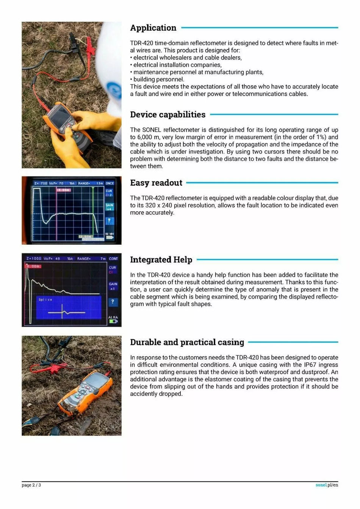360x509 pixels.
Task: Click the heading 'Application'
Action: (153, 28)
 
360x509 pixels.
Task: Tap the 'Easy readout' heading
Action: (156, 183)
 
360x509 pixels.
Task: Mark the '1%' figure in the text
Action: (321, 137)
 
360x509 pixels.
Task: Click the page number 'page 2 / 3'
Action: (31, 485)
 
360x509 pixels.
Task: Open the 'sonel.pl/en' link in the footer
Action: (327, 485)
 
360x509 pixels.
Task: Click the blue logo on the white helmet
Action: (114, 91)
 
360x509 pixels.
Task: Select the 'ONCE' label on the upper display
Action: (110, 183)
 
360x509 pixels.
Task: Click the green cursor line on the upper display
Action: (93, 212)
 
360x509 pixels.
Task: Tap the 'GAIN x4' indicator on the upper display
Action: (109, 207)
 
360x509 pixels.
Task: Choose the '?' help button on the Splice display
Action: (113, 302)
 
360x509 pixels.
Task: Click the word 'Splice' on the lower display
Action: (45, 300)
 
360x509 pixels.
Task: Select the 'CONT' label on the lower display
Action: (113, 259)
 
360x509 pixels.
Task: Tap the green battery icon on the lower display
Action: (113, 322)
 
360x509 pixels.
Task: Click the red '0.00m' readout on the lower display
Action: (33, 266)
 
